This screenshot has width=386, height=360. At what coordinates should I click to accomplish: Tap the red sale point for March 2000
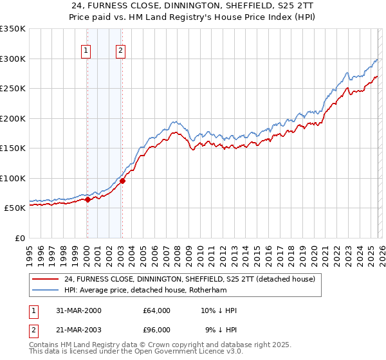tap(87, 199)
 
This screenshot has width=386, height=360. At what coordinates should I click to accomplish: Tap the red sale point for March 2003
tap(122, 181)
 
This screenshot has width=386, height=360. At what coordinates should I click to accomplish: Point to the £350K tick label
tap(13, 29)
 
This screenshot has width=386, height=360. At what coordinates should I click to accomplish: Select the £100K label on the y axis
tap(13, 178)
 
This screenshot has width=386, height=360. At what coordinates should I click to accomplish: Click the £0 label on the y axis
tap(21, 238)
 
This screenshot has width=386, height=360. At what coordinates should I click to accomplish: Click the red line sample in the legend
tap(46, 280)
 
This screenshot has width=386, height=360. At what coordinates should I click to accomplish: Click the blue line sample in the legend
tap(46, 291)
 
